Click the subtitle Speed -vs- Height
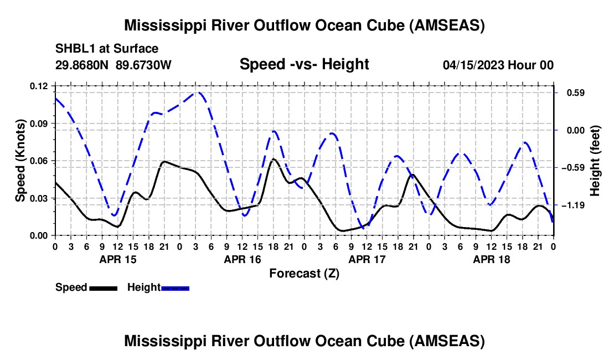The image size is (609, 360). (x=304, y=64)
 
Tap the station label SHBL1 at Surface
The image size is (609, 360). (x=107, y=49)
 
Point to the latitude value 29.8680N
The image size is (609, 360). (x=82, y=65)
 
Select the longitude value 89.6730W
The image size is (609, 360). (x=143, y=65)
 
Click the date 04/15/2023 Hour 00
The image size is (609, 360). (x=498, y=65)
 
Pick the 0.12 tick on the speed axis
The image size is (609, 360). (x=38, y=86)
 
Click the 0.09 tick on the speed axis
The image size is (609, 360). (x=38, y=124)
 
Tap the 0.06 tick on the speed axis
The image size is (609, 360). (x=38, y=161)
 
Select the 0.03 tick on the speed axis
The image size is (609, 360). (x=38, y=198)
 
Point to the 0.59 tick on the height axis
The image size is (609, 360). (x=576, y=93)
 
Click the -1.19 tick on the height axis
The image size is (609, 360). (x=573, y=205)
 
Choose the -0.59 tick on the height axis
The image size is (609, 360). (x=573, y=168)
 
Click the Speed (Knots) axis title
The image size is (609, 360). (x=20, y=161)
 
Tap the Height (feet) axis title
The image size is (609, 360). (x=595, y=161)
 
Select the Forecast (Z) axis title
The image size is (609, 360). (x=304, y=274)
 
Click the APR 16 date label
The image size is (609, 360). (x=242, y=259)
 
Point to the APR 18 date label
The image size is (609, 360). (x=491, y=259)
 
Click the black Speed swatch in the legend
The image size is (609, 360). (x=104, y=288)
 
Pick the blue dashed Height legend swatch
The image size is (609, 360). (x=175, y=288)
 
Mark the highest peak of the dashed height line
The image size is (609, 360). (x=197, y=92)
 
